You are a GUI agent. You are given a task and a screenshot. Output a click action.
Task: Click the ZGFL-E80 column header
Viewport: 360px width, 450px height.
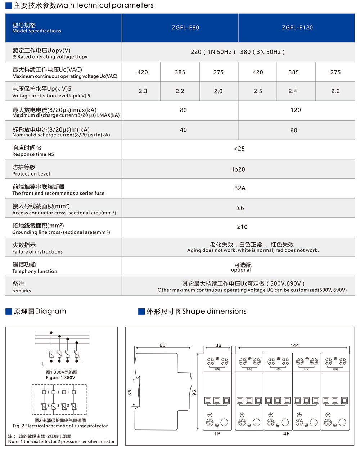185,28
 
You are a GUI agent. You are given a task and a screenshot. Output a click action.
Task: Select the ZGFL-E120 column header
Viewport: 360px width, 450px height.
297,28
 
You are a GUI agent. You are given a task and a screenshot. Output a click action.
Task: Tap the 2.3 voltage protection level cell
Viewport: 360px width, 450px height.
143,91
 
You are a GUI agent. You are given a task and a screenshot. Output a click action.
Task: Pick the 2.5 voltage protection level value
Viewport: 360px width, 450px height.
258,91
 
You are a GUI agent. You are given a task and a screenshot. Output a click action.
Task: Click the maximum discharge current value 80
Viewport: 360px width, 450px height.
183,110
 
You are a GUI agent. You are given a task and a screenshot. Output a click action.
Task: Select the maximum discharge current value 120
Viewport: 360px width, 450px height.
296,110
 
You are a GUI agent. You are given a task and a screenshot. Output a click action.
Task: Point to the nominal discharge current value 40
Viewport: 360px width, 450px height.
183,130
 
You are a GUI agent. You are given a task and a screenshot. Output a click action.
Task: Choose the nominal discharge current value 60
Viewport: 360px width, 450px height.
294,130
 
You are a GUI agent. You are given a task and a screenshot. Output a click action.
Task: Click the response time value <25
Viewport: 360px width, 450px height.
239,149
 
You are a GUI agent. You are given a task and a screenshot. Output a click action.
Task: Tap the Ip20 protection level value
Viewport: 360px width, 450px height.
239,169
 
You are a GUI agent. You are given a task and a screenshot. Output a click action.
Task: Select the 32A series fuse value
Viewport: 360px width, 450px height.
240,188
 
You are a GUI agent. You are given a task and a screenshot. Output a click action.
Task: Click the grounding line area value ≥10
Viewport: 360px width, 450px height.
242,227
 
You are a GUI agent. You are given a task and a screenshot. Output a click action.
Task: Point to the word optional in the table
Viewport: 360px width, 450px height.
241,270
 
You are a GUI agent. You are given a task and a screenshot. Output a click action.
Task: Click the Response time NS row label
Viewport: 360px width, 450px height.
33,154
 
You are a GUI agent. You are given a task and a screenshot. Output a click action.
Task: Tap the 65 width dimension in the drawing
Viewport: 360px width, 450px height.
162,345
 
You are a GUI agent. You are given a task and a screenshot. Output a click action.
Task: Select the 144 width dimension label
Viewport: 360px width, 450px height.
294,345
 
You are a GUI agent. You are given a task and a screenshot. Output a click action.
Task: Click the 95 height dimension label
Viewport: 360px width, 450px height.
194,392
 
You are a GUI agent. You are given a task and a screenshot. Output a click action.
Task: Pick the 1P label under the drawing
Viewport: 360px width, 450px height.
217,434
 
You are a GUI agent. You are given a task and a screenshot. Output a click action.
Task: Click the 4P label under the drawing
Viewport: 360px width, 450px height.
286,434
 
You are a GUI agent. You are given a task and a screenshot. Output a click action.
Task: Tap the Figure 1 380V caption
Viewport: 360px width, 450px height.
60,378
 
